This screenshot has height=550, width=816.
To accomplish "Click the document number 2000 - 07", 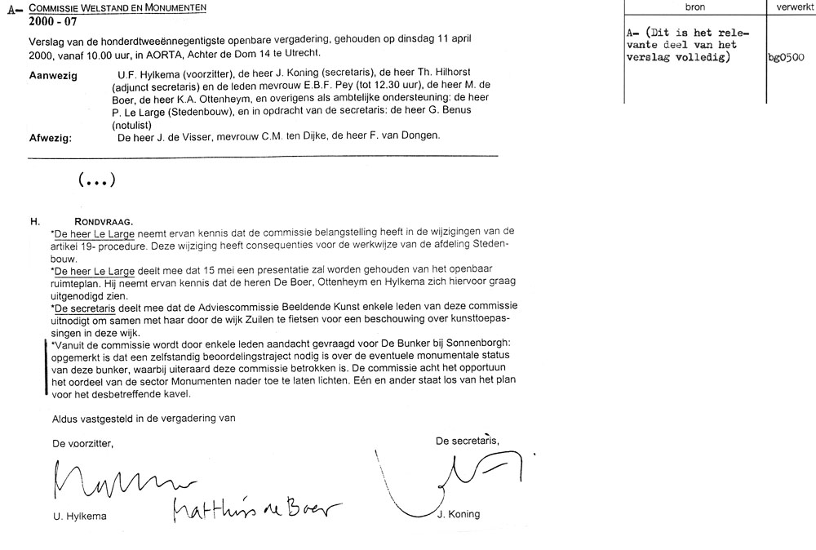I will point(51,22).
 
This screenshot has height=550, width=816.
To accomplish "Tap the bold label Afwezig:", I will point(51,137).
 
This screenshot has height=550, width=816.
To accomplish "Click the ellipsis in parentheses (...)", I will point(96,180).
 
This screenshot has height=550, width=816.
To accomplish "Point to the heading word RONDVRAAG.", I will point(105,220).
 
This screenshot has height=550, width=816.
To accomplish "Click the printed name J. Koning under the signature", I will point(458,514).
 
